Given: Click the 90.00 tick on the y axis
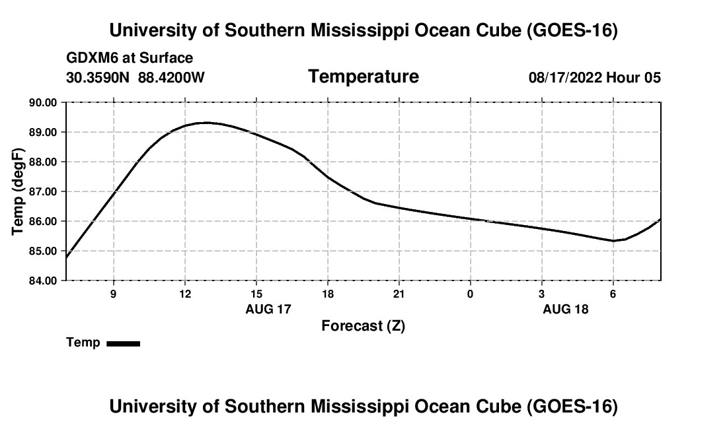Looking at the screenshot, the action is (x=43, y=102).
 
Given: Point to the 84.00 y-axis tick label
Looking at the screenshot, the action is (x=43, y=280).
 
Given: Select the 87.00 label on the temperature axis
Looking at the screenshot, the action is (x=43, y=191).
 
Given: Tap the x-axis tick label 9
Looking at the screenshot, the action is (x=114, y=294).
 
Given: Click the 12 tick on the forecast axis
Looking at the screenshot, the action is (x=185, y=294).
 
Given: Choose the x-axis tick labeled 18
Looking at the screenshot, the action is (x=328, y=294).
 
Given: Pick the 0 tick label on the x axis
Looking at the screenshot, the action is (x=470, y=294).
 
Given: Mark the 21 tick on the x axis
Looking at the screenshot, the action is (x=399, y=294).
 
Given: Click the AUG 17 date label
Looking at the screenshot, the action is (x=268, y=309).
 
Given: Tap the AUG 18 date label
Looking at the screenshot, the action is (x=566, y=309).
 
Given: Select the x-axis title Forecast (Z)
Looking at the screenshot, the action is (x=363, y=326).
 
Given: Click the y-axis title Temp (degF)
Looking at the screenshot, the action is (x=18, y=191).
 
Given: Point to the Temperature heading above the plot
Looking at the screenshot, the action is (x=363, y=77).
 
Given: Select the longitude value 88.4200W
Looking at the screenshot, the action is (x=171, y=77).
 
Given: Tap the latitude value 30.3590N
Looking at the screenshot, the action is (x=98, y=77).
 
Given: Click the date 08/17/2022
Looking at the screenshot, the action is (x=565, y=77).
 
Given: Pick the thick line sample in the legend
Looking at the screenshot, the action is (x=124, y=343).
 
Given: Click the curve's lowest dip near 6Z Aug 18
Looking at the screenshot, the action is (x=613, y=241).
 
